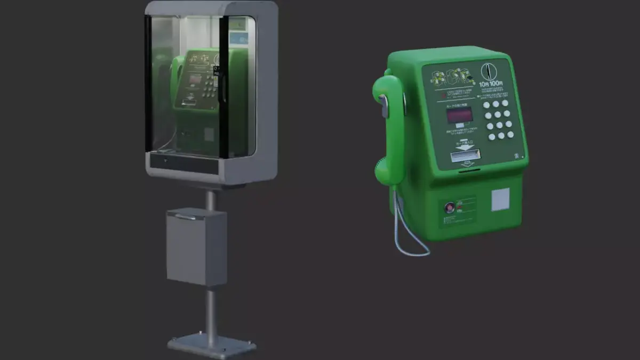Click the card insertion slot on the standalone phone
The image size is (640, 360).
[466, 155]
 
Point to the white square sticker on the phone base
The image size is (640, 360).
[500, 199]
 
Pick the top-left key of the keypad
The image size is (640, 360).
[486, 105]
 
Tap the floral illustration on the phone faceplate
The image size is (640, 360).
[452, 78]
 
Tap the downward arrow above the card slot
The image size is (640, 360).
[463, 146]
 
